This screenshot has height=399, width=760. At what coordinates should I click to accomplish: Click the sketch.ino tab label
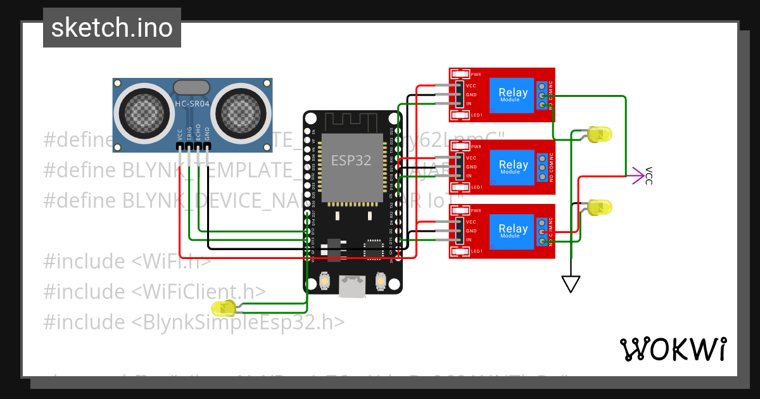[111, 28]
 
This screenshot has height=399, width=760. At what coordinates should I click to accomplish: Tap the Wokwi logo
[673, 349]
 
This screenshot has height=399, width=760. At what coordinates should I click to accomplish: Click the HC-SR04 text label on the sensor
[191, 103]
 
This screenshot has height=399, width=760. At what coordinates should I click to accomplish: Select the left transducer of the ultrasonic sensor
[144, 113]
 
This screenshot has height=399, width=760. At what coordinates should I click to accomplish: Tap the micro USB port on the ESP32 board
[352, 286]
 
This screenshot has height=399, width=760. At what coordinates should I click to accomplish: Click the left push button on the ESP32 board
[325, 281]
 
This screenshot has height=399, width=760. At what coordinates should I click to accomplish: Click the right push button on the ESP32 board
[381, 281]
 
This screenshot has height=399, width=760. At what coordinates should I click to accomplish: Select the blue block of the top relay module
[512, 95]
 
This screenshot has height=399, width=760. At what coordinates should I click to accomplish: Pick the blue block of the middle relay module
[512, 167]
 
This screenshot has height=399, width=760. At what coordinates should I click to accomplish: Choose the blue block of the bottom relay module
[512, 232]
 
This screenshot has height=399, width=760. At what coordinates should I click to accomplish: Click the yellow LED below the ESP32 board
[224, 308]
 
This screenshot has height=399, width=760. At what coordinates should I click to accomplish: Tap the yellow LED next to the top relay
[598, 134]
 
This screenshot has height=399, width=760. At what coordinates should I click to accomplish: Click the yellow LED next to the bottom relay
[598, 207]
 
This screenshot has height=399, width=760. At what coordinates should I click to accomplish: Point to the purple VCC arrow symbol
[638, 177]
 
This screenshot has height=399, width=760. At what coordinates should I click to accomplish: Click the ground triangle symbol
[571, 284]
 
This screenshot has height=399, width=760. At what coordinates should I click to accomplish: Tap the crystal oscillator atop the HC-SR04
[191, 87]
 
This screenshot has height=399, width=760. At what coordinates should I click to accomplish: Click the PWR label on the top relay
[476, 75]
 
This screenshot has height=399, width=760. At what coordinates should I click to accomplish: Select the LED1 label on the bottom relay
[477, 251]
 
